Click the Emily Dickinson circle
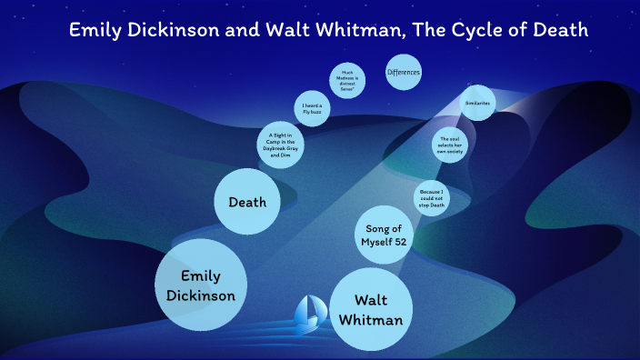click(201, 285)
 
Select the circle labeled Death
click(246, 202)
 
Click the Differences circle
click(403, 72)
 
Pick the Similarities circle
click(476, 104)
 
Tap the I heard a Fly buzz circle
click(313, 109)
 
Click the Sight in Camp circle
click(281, 144)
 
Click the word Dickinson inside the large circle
click(201, 295)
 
